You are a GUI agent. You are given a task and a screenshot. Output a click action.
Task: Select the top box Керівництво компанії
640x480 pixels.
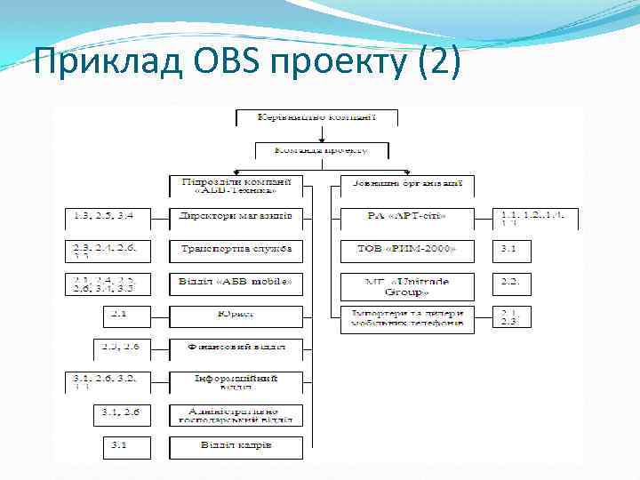click(316, 117)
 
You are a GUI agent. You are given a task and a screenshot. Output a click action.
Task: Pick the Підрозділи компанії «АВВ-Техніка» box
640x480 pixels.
click(236, 186)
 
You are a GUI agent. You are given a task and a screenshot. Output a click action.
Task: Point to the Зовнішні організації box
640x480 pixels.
click(407, 186)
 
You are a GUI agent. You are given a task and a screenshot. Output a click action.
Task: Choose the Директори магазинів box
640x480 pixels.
click(236, 217)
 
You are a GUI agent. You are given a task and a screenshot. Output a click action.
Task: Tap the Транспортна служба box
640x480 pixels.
click(236, 250)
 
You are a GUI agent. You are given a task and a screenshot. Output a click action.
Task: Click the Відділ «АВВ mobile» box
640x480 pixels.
click(236, 284)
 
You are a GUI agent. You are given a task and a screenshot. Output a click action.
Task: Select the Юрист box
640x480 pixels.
click(236, 315)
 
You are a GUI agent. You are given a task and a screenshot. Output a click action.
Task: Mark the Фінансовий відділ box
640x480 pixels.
click(236, 348)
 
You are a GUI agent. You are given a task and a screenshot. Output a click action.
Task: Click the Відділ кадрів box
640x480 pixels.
click(236, 445)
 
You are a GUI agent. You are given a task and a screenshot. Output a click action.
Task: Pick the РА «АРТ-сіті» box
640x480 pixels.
click(407, 217)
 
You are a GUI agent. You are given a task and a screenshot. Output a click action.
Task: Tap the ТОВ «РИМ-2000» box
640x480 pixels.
click(407, 250)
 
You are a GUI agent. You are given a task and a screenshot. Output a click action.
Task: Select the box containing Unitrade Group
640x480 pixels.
click(407, 284)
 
